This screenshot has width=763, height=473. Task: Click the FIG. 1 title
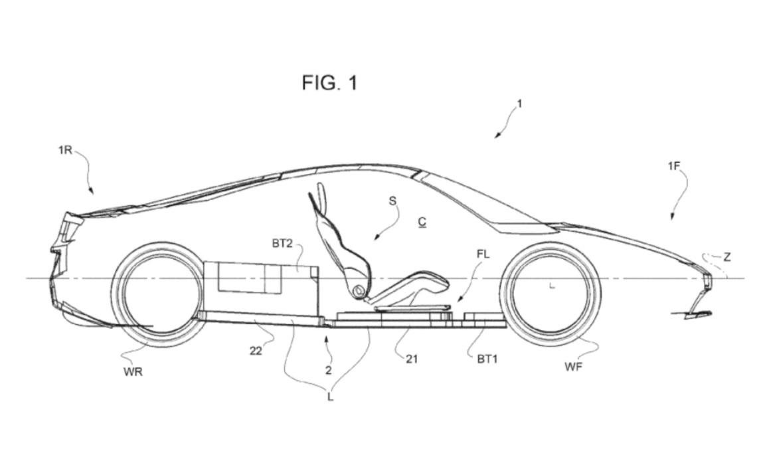point(329,83)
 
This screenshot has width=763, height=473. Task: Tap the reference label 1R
point(64,150)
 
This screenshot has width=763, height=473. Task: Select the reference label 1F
point(674,166)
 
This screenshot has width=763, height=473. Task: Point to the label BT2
point(282,244)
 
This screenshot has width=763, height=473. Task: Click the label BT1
point(487,359)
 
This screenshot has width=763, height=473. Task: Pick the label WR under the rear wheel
point(133,372)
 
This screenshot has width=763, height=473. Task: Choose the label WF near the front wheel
point(573,366)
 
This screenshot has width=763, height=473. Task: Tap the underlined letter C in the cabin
point(422,221)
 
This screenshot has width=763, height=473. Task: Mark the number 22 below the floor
point(256,351)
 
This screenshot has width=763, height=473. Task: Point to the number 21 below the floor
point(412,359)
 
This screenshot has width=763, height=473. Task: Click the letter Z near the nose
point(727,257)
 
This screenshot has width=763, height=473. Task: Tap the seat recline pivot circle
point(359,290)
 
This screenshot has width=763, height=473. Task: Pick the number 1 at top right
point(519,104)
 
